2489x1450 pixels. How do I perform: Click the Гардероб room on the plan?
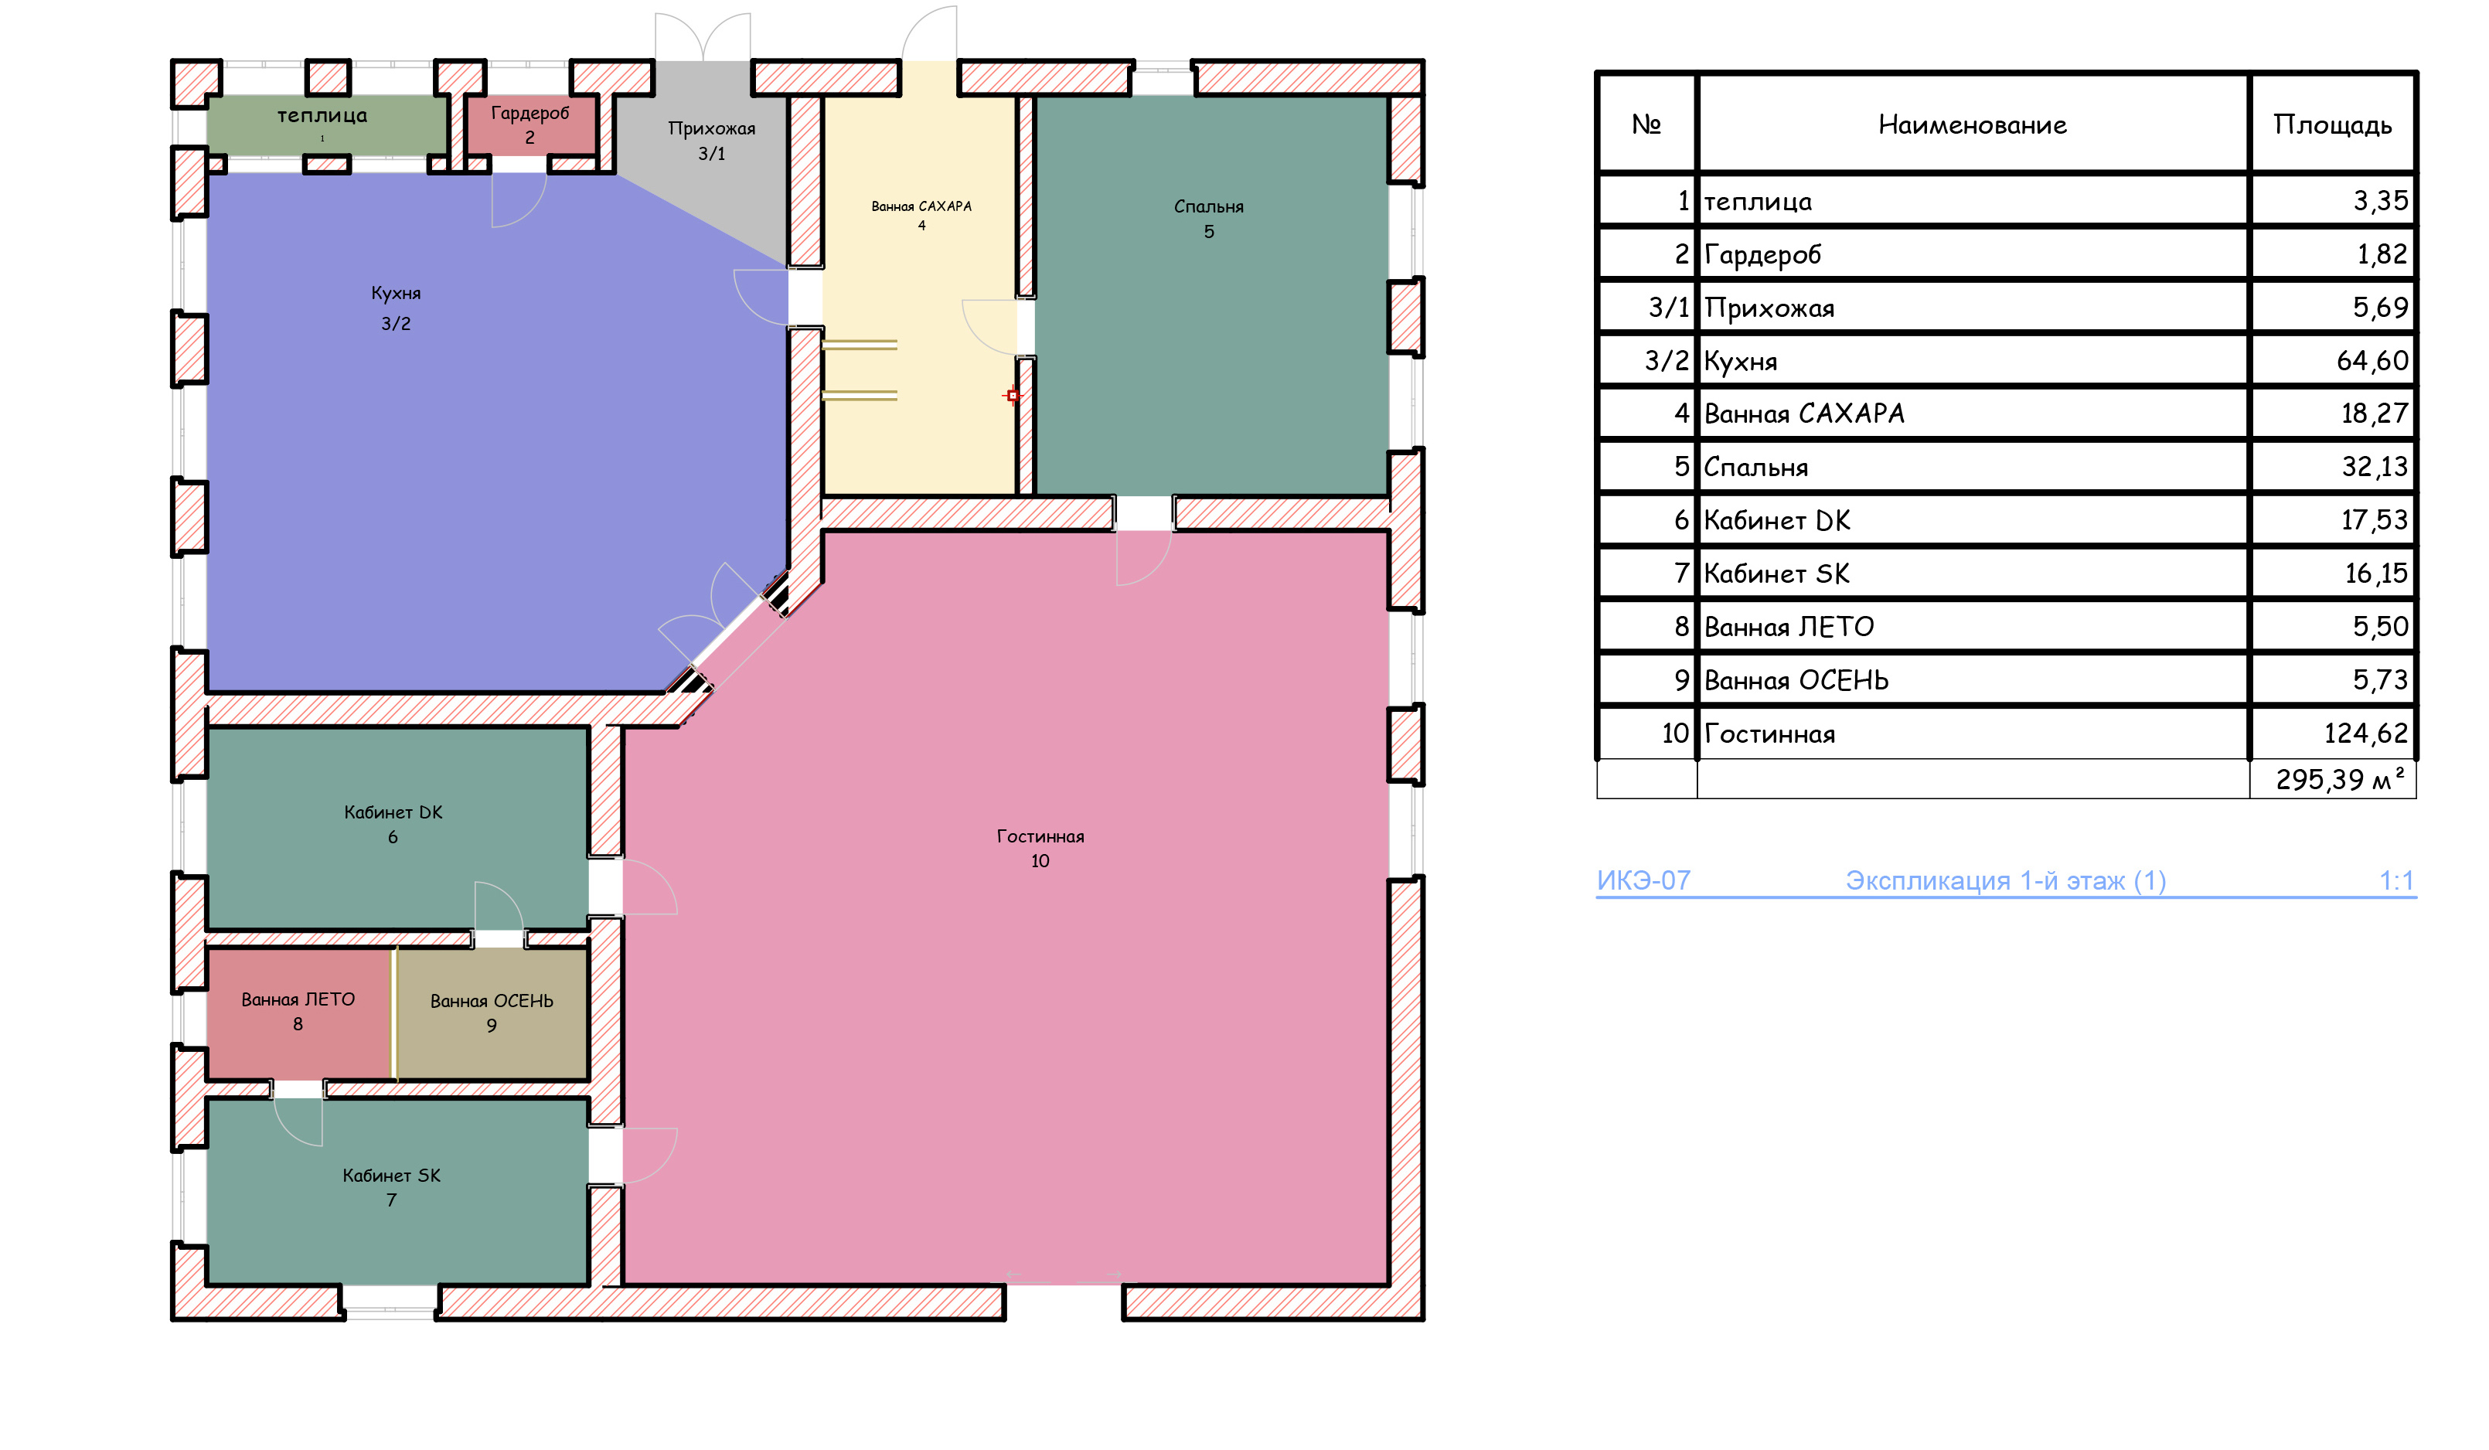(530, 125)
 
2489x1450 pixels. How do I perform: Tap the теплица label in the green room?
(322, 116)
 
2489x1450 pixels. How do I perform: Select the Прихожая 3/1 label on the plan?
(711, 140)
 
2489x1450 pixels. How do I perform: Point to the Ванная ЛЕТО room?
(298, 1013)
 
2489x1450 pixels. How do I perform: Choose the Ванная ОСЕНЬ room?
(492, 1013)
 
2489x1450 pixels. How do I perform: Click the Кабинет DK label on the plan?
(393, 824)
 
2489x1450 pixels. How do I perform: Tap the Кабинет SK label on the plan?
(391, 1187)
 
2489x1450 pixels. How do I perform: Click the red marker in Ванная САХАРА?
(1013, 395)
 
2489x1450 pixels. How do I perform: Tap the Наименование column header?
(1973, 124)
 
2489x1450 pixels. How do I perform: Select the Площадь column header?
(2332, 124)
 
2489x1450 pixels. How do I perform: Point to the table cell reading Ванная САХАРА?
(1803, 413)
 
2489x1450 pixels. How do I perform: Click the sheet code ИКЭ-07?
(1643, 880)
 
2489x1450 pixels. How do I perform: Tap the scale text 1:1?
(2396, 880)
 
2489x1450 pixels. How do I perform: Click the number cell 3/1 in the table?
(1668, 307)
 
